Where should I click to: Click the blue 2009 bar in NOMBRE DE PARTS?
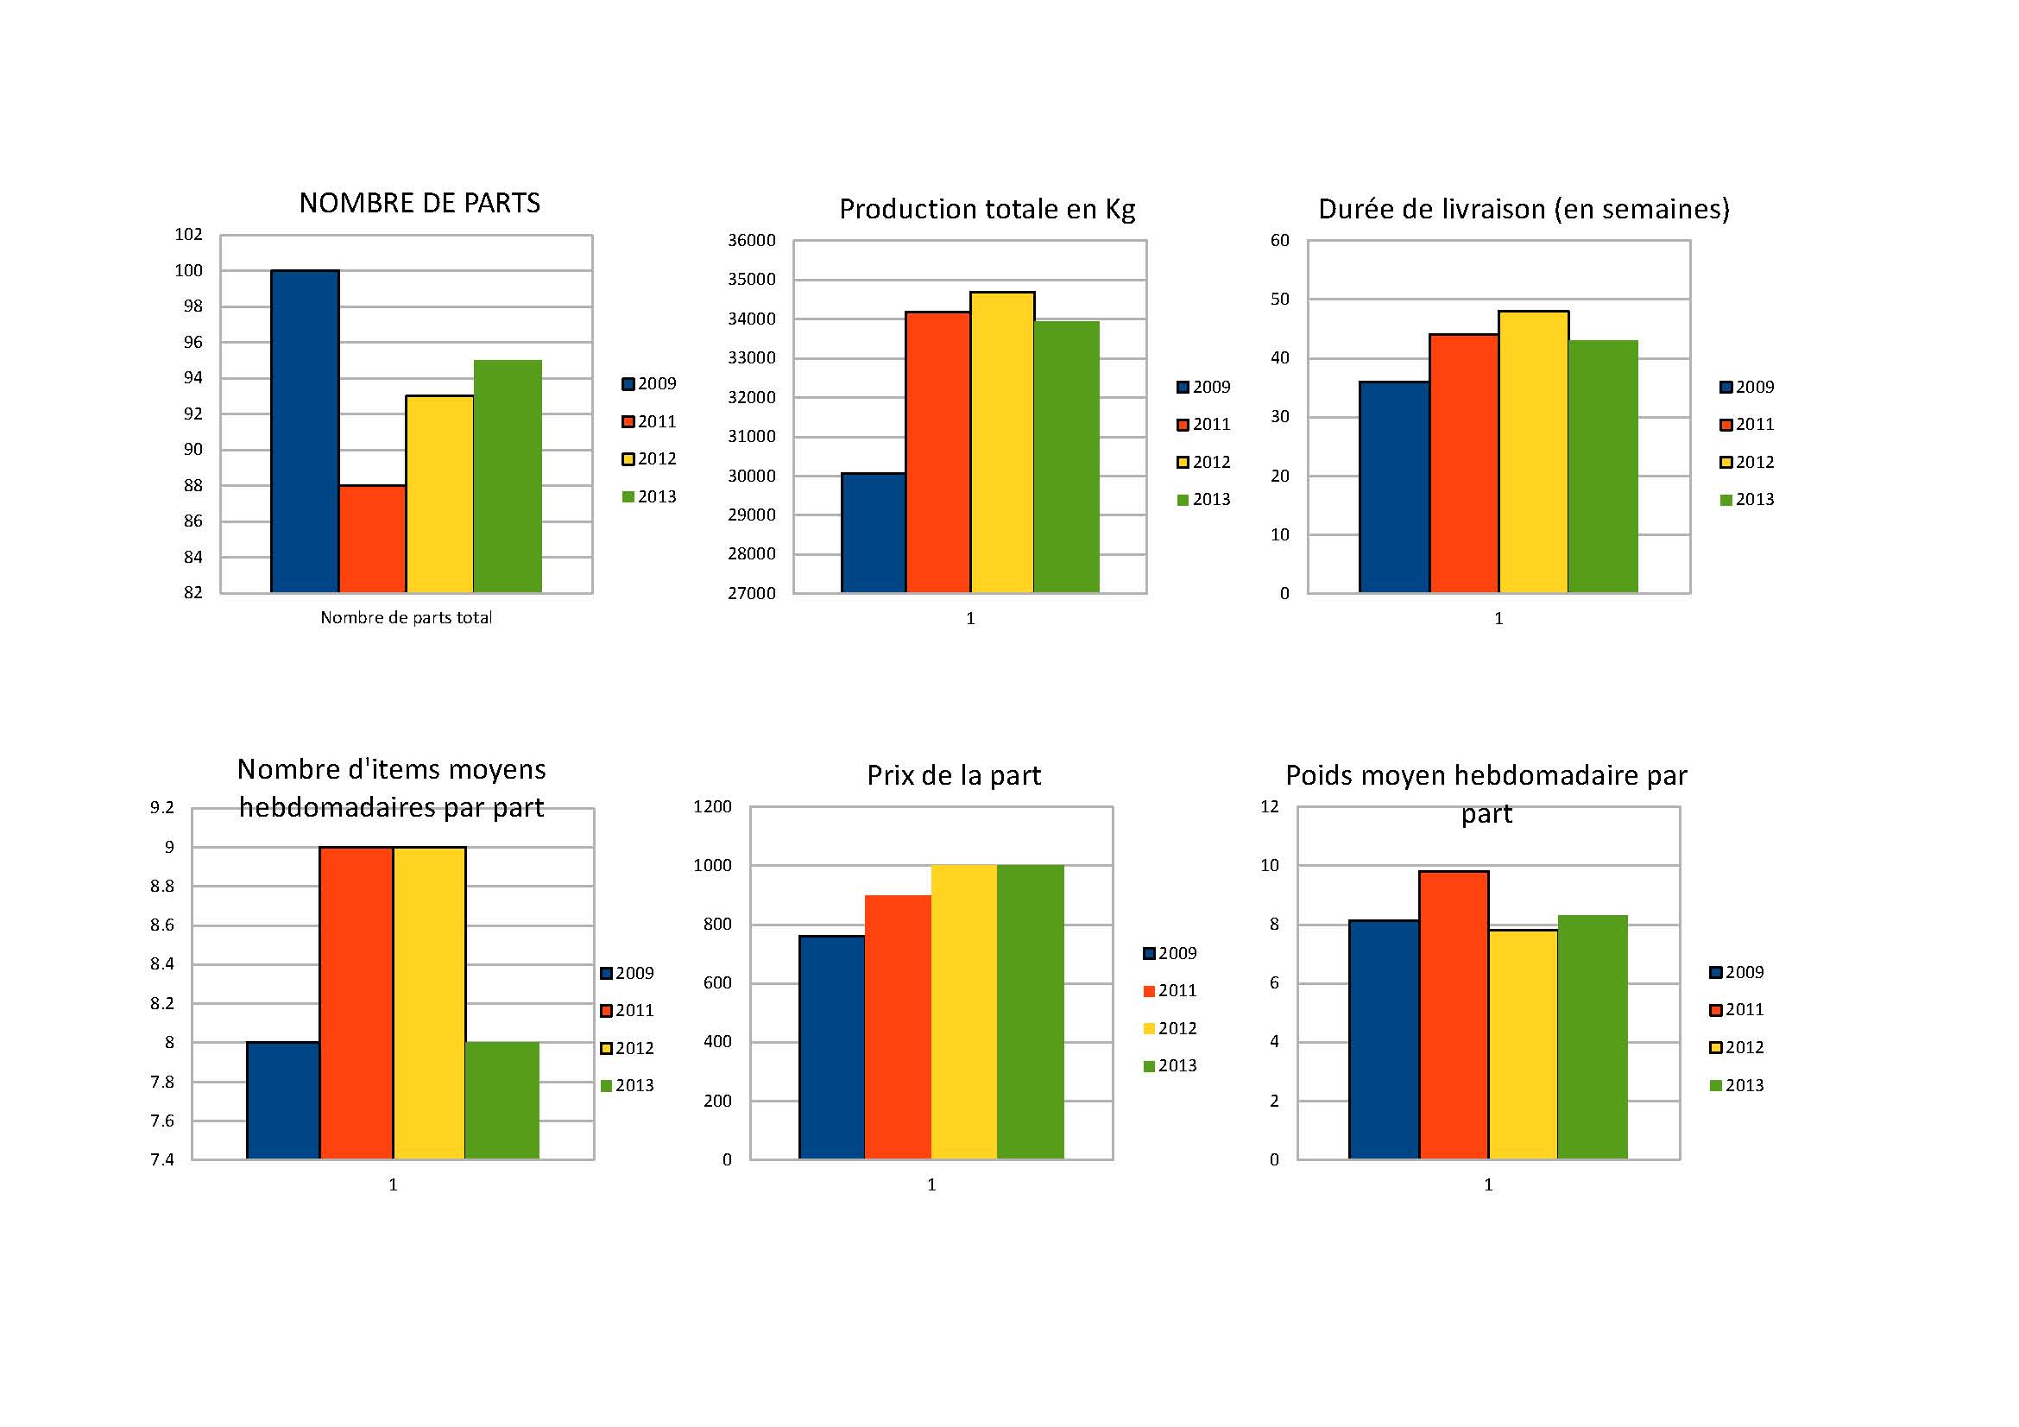coord(304,431)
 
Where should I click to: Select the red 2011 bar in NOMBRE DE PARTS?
coord(372,538)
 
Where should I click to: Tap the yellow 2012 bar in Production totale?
coord(1002,442)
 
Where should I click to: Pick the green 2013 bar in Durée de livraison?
coord(1602,466)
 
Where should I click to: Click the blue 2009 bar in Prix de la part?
coord(832,1047)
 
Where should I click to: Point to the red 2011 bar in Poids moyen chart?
coord(1454,1014)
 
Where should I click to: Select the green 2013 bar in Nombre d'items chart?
coord(502,1100)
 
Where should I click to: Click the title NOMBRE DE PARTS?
coord(420,203)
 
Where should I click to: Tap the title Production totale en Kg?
coord(987,209)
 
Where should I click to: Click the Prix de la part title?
coord(953,775)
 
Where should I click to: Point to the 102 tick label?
coord(188,234)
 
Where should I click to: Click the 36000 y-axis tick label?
coord(751,240)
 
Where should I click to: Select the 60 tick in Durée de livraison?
coord(1279,240)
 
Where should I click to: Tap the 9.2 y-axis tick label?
coord(161,807)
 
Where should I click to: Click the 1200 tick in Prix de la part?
coord(712,806)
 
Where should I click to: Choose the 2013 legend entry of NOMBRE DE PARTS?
coord(649,496)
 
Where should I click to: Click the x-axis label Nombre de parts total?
coord(406,617)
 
